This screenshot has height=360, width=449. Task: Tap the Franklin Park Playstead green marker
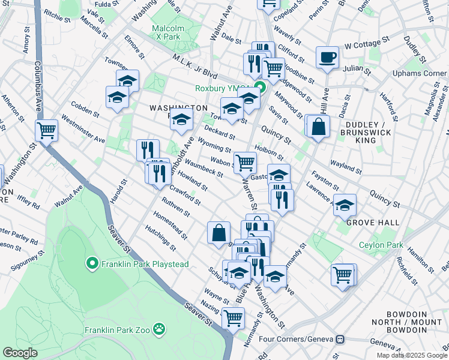point(92,263)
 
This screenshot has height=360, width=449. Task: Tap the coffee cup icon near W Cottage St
point(327,58)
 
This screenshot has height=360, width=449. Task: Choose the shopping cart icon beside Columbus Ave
point(46,130)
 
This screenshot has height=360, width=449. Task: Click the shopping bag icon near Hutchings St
point(218,232)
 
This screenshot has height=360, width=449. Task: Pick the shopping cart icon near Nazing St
point(233,317)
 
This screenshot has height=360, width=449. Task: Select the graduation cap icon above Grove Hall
point(345,205)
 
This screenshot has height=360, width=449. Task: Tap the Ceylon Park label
point(381,245)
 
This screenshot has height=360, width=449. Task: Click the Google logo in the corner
point(19,353)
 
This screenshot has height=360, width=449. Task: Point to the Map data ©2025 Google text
point(411,355)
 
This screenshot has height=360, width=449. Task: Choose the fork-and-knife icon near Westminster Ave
point(147,150)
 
